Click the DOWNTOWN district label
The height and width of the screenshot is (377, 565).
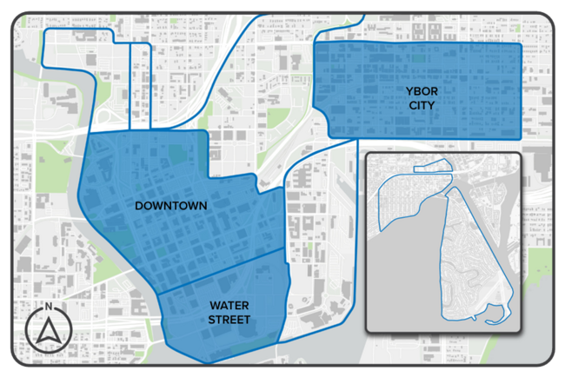[170, 206]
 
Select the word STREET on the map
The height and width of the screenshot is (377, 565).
[229, 321]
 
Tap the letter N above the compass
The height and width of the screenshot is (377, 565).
[50, 308]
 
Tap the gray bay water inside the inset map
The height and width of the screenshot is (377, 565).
[409, 278]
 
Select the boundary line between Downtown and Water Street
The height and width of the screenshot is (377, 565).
[222, 270]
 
